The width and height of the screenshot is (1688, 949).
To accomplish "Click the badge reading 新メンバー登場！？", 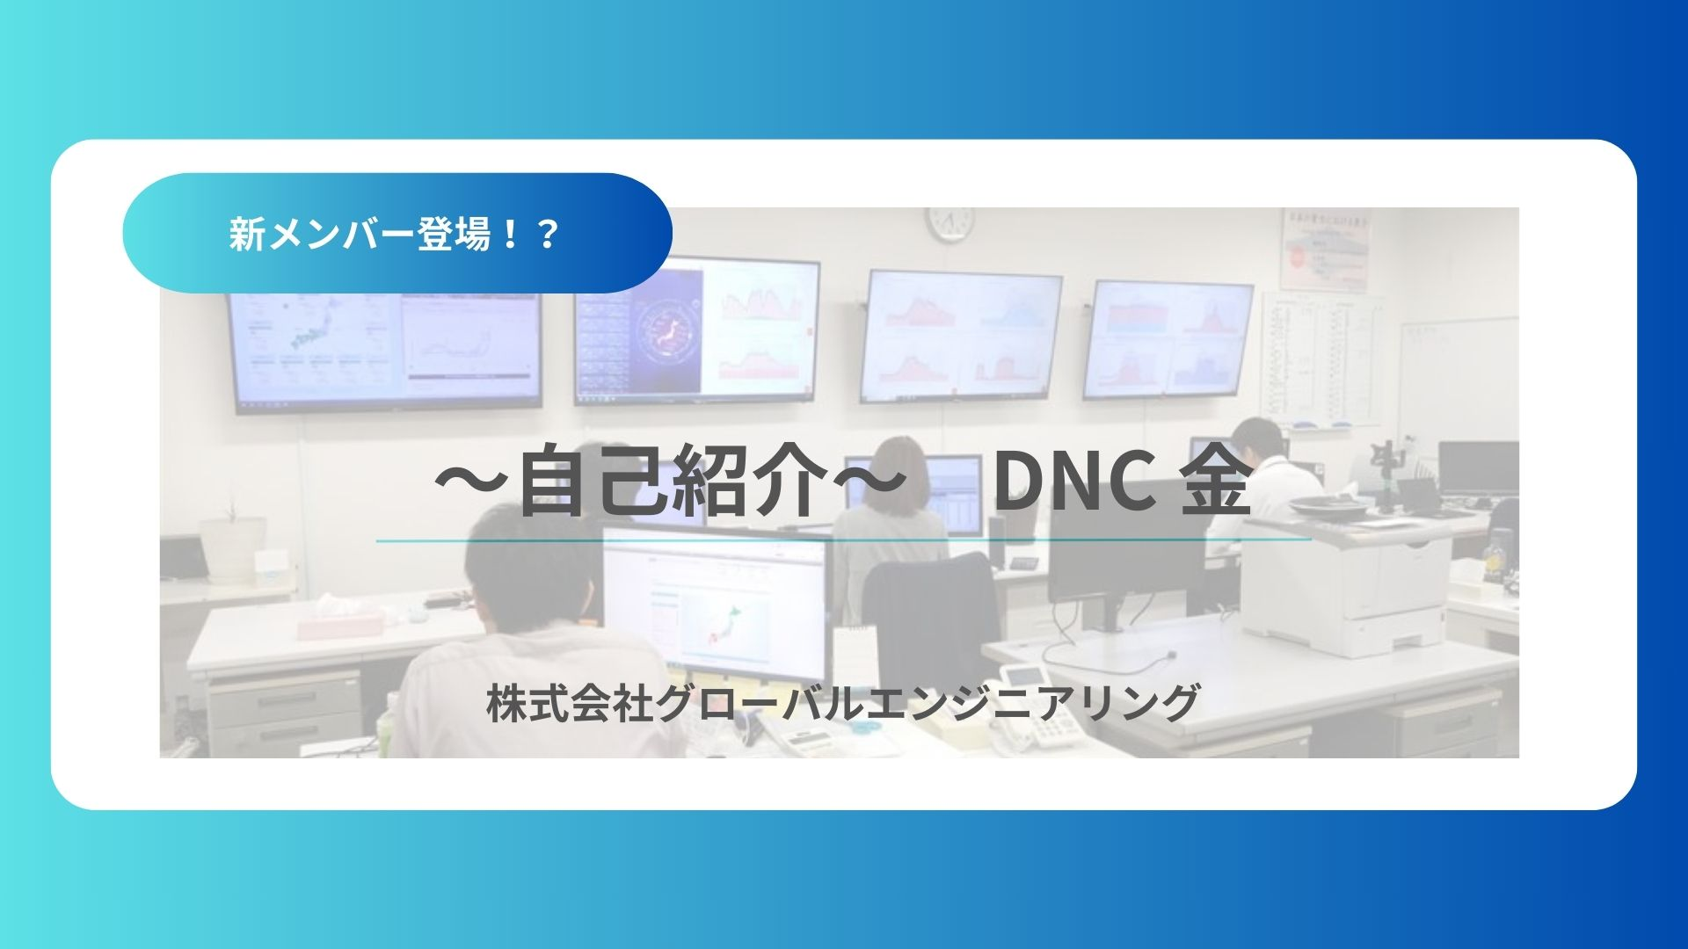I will pos(396,234).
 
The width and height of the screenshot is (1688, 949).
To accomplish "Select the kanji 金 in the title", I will pos(1216,484).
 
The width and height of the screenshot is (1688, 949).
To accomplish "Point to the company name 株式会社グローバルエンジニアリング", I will pos(842,704).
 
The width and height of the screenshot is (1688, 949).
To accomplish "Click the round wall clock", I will pos(950,222).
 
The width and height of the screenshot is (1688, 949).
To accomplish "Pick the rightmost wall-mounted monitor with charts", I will pos(1168,339).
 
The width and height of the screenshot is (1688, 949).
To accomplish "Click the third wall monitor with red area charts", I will pos(964,335).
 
